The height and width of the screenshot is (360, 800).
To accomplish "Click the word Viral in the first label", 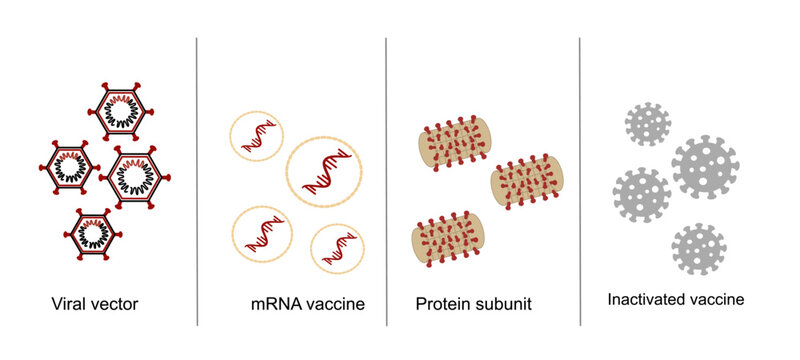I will pos(66,301).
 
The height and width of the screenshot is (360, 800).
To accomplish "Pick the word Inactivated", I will pos(647,299).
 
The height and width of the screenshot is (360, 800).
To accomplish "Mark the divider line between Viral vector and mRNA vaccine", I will pos(197,180).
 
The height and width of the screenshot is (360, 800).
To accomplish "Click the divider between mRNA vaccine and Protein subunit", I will pos(387,180).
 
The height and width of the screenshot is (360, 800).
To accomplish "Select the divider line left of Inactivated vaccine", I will pos(581,180).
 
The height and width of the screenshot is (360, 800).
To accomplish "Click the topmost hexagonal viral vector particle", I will pos(125,111).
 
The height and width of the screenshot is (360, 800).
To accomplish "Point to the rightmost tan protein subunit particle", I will pos(527,183).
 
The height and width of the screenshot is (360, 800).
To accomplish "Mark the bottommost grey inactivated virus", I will pos(699,248).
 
